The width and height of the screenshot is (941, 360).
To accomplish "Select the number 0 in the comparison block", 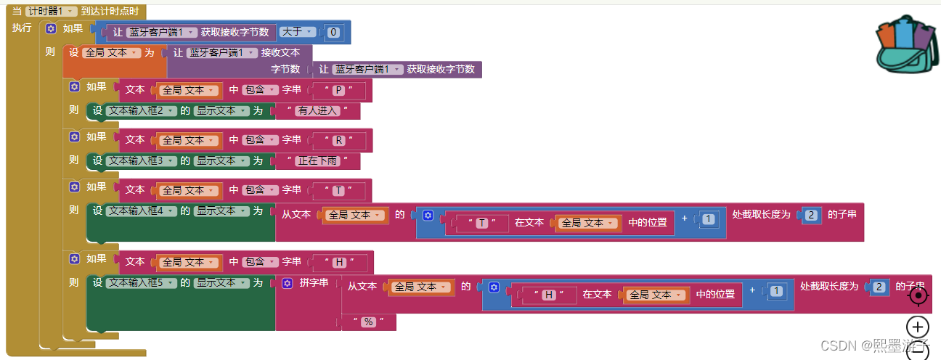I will coord(333,32).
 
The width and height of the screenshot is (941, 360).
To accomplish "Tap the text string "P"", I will coord(338,91).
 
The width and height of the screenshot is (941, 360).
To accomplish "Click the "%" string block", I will coord(368,322).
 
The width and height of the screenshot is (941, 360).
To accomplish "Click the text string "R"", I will coord(338,140).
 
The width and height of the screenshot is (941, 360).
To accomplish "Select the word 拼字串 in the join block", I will coord(314,282).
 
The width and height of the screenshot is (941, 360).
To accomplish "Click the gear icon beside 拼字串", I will coord(287,282).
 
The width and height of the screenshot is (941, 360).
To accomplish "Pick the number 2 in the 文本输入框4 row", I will coord(812,215).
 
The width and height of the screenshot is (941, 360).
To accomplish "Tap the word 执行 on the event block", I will coord(22,28).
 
